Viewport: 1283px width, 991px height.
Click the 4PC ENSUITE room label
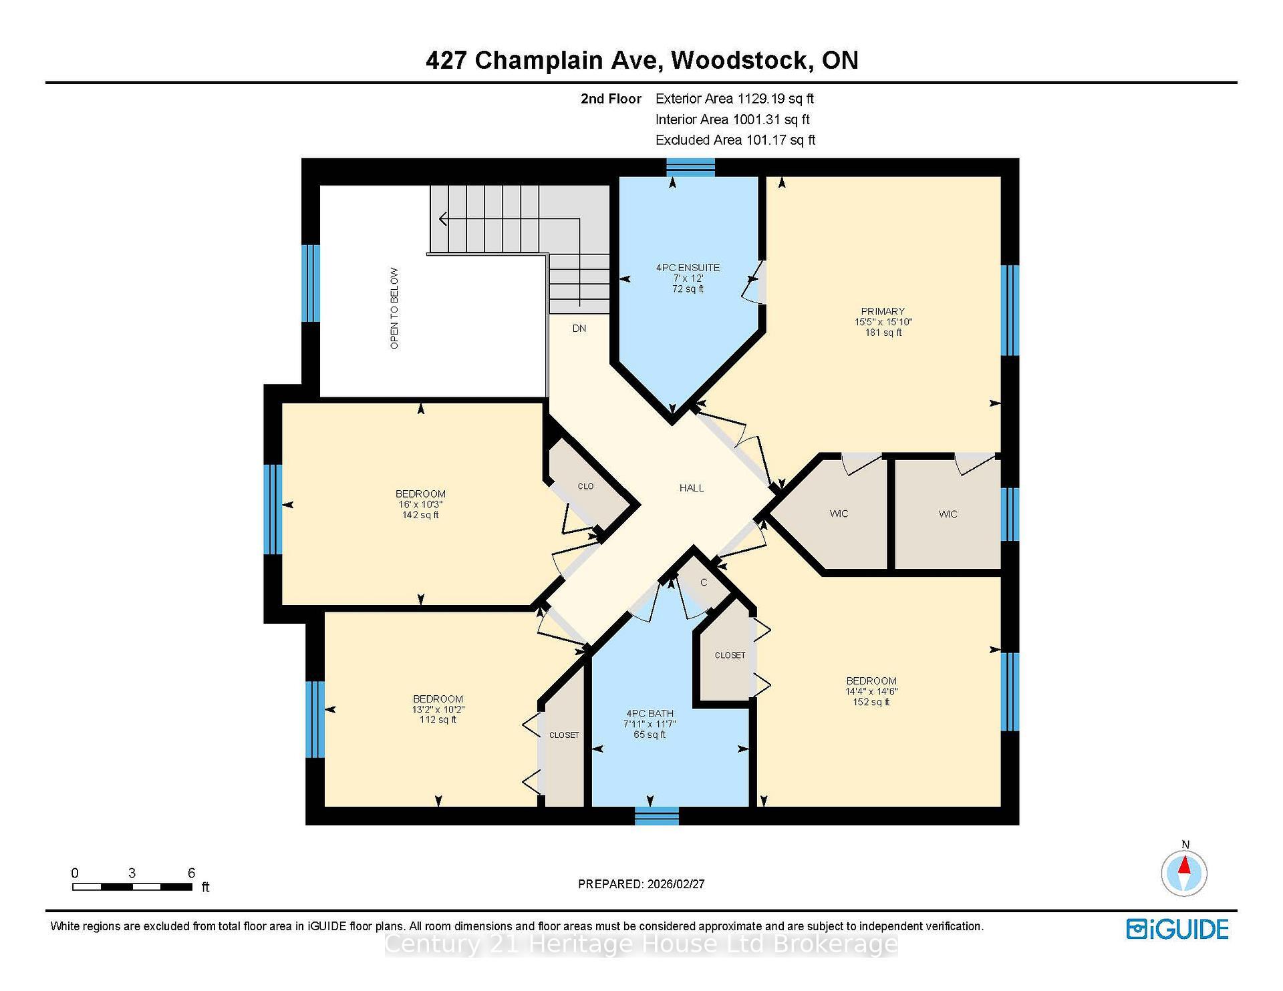click(688, 268)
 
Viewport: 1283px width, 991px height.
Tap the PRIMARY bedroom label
click(883, 311)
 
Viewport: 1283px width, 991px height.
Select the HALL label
click(692, 488)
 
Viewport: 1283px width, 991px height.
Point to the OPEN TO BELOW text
click(394, 309)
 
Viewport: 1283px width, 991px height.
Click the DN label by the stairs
click(579, 329)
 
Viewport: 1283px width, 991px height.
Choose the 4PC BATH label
click(650, 713)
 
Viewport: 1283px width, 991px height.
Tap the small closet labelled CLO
click(585, 486)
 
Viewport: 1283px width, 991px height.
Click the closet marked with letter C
click(704, 582)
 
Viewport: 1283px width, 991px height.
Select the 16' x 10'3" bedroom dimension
click(420, 504)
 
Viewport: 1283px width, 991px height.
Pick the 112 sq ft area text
click(438, 719)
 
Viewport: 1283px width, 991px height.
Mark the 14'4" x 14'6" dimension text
click(871, 692)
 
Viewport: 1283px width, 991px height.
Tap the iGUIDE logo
click(1177, 930)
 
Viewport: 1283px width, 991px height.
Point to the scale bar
click(132, 887)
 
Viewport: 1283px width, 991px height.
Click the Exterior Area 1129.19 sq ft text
click(734, 99)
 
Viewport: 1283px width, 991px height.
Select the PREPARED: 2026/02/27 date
click(641, 884)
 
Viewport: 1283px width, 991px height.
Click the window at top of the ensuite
click(690, 167)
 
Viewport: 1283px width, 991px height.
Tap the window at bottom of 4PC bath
click(656, 815)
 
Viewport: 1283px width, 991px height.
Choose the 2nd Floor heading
click(611, 99)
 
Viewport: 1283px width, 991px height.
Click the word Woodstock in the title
click(742, 61)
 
